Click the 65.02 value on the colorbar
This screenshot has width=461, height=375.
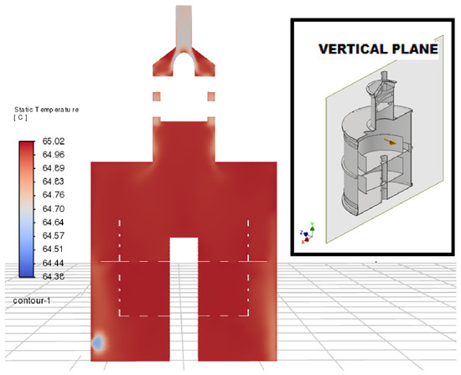tap(53, 141)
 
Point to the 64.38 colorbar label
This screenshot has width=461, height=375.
tap(53, 276)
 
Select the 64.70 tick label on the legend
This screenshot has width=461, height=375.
tap(53, 208)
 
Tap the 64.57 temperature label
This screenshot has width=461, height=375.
tap(53, 235)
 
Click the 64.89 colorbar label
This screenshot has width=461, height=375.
tap(53, 168)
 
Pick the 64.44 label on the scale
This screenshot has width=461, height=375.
tap(53, 263)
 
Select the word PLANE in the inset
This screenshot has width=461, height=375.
tap(415, 49)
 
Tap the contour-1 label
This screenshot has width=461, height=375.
tap(32, 301)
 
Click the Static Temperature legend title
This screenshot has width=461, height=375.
tap(46, 110)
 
